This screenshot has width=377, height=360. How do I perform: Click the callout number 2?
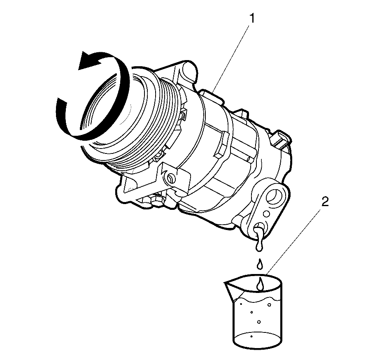pyautogui.click(x=325, y=202)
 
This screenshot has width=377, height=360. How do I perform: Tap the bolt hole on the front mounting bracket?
pyautogui.click(x=170, y=179)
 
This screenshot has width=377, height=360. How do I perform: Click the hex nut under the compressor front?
pyautogui.click(x=156, y=200)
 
